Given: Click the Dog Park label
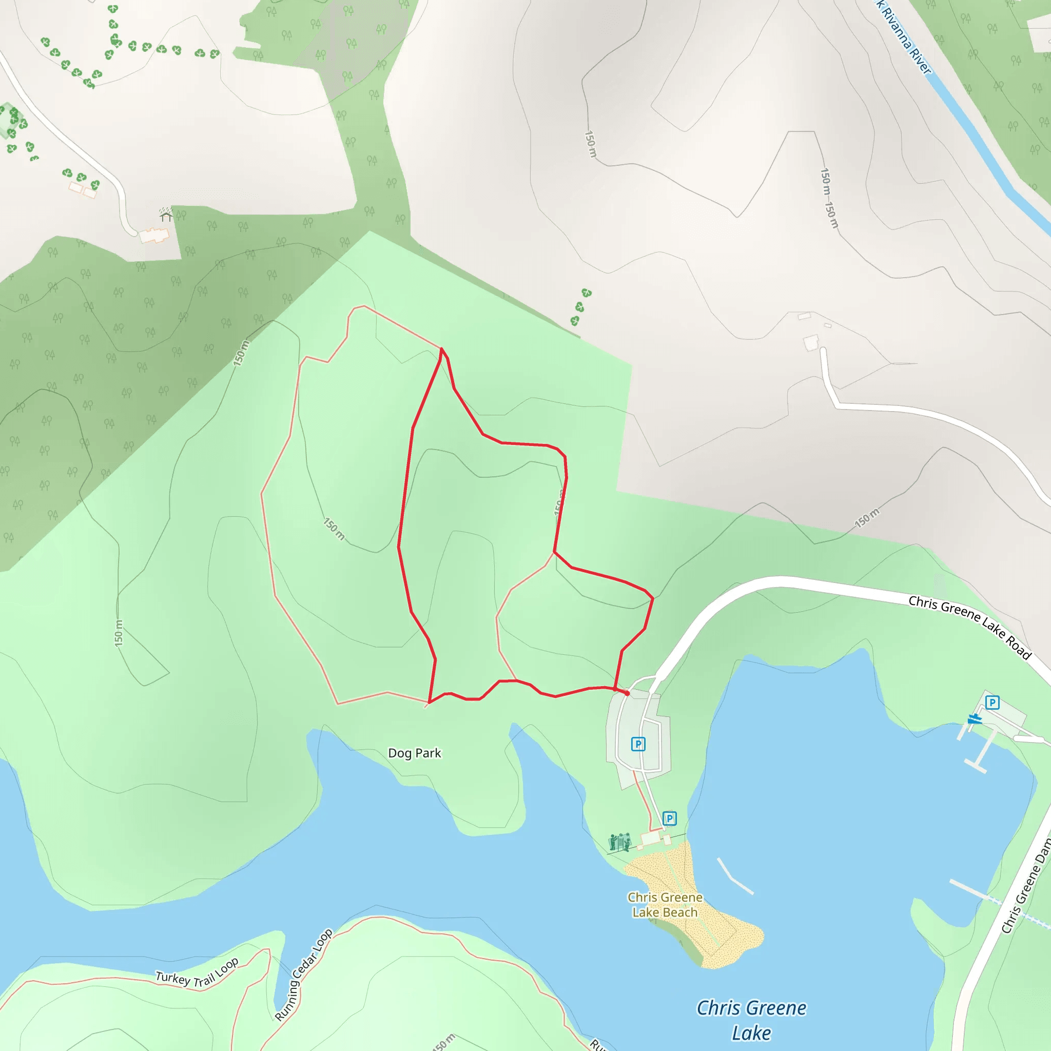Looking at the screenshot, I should [x=415, y=753].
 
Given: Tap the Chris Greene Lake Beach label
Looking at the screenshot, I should [x=665, y=905].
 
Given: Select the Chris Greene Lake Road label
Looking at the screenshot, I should [x=970, y=627].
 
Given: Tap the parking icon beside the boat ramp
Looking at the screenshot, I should [x=992, y=703].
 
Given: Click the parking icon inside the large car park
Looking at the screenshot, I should [x=638, y=744].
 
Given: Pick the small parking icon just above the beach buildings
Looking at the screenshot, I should [x=670, y=818].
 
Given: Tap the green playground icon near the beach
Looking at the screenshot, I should [x=620, y=842].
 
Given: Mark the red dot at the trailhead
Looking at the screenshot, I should [x=627, y=693].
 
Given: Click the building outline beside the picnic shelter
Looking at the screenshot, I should [x=154, y=236].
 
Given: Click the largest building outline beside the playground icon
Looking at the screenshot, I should [x=651, y=839].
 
